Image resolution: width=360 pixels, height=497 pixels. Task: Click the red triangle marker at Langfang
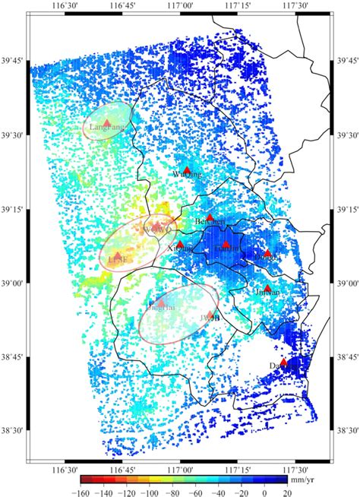[107, 122]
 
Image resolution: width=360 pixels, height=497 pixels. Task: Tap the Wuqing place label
[188, 175]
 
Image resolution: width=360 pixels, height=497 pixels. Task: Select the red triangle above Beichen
[210, 217]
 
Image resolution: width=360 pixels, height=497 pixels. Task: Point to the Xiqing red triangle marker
[181, 244]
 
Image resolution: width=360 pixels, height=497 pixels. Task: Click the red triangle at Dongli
[267, 252]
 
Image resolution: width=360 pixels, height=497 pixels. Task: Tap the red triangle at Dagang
[284, 362]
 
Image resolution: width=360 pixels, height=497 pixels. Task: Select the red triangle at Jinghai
[160, 302]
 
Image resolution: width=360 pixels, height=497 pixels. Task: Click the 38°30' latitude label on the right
[346, 431]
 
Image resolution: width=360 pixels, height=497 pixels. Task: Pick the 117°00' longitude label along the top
[181, 6]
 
